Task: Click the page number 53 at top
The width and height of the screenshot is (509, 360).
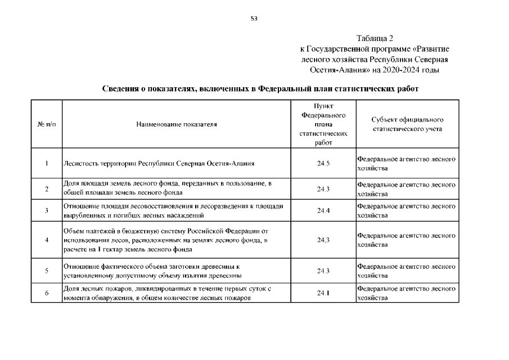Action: click(254, 18)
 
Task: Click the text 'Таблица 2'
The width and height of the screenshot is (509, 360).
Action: click(375, 38)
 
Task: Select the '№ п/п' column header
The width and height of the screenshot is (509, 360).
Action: click(46, 124)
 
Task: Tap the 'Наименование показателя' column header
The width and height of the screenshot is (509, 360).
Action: click(176, 124)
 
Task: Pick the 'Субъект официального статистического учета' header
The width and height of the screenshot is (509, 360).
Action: click(408, 124)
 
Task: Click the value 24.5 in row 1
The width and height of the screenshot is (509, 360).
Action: click(323, 163)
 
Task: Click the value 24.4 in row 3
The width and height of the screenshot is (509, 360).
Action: click(323, 210)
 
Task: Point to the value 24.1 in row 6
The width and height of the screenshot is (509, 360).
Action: click(323, 293)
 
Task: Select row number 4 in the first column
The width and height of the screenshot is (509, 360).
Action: click(46, 240)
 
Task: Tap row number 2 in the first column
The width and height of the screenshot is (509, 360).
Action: click(46, 188)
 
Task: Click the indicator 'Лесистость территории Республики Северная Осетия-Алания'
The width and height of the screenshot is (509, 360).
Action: click(159, 164)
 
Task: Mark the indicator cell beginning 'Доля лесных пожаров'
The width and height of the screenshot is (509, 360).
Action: click(167, 293)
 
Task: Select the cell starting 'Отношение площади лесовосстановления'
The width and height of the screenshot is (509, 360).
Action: click(173, 210)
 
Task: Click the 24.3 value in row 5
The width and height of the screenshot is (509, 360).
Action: click(323, 271)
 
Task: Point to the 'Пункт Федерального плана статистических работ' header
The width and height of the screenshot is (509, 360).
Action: click(323, 124)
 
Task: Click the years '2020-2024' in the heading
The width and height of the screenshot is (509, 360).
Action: click(400, 70)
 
